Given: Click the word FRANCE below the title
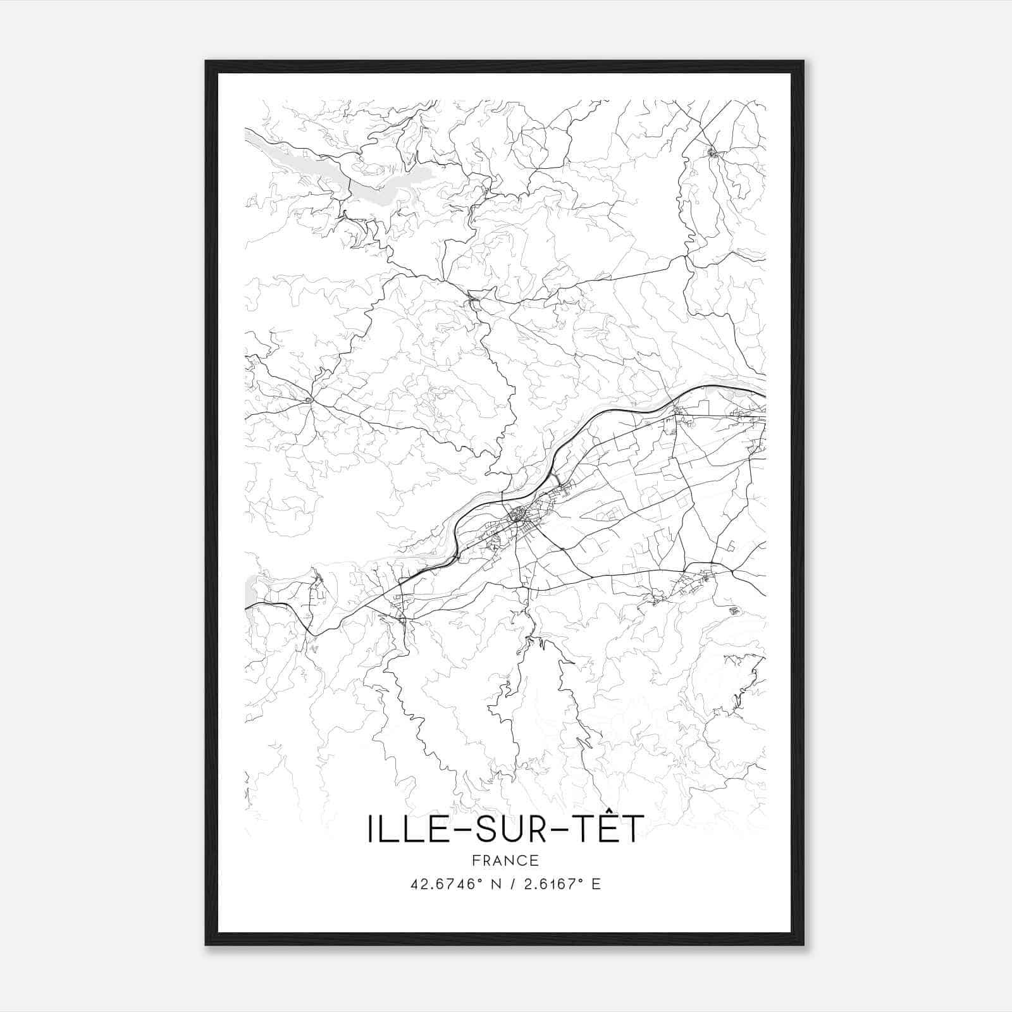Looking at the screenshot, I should click(x=505, y=861).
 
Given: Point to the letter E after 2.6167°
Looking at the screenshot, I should click(x=596, y=884).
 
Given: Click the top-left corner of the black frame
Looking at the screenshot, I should click(x=206, y=62).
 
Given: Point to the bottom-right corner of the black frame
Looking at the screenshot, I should click(x=803, y=944).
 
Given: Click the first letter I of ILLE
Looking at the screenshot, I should click(x=370, y=829).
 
